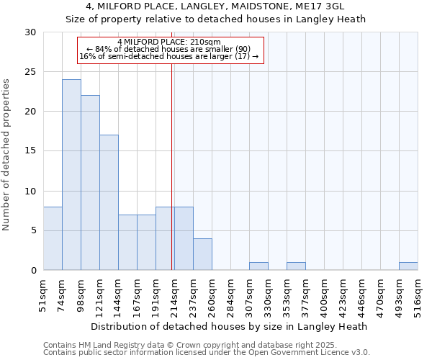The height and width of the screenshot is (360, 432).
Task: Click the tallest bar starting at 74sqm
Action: pyautogui.click(x=71, y=175)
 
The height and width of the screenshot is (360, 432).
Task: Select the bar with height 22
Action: pyautogui.click(x=90, y=183)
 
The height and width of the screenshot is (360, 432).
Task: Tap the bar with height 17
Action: pyautogui.click(x=109, y=202)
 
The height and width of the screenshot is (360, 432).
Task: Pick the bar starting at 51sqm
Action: pyautogui.click(x=53, y=238)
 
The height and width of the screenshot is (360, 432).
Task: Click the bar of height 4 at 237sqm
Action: pyautogui.click(x=202, y=254)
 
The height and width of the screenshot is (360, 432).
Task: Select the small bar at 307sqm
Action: pyautogui.click(x=258, y=266)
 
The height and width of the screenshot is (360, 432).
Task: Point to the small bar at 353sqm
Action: pyautogui.click(x=296, y=266)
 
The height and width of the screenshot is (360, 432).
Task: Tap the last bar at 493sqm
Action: pyautogui.click(x=408, y=266)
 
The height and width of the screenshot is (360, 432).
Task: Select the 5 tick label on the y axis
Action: pyautogui.click(x=34, y=231)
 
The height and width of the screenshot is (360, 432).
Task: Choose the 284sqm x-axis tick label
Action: pyautogui.click(x=230, y=296)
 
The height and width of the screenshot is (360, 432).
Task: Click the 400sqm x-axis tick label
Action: pyautogui.click(x=324, y=296)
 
